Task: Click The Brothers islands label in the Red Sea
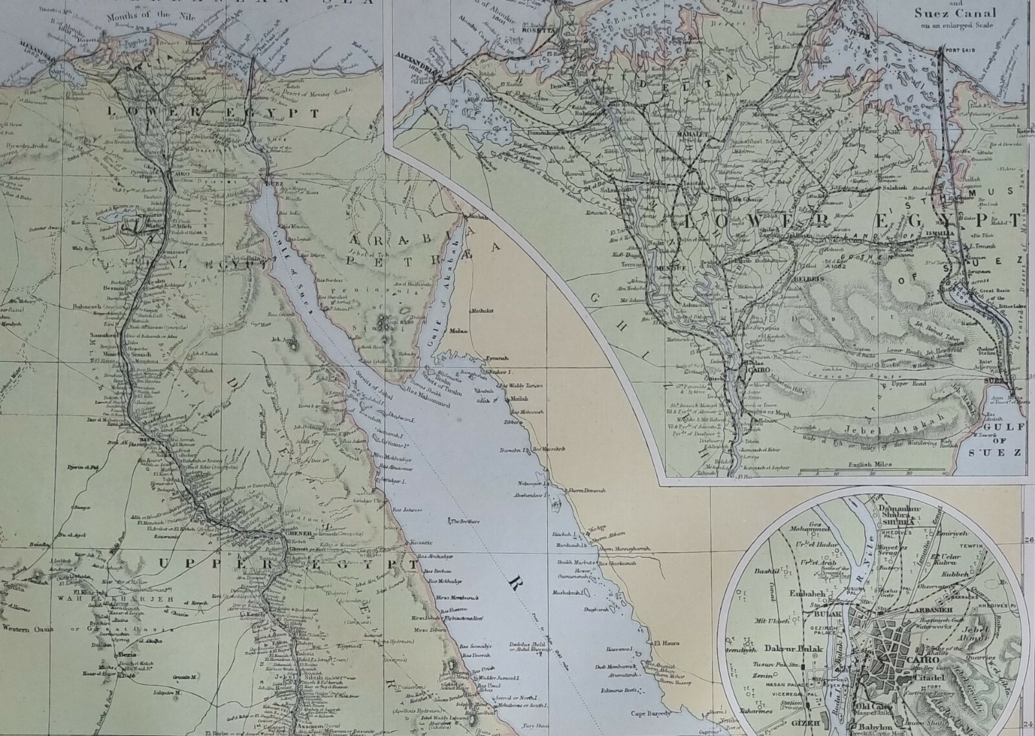click(464, 522)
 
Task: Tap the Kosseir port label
click(420, 542)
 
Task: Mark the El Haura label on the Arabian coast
click(665, 643)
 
